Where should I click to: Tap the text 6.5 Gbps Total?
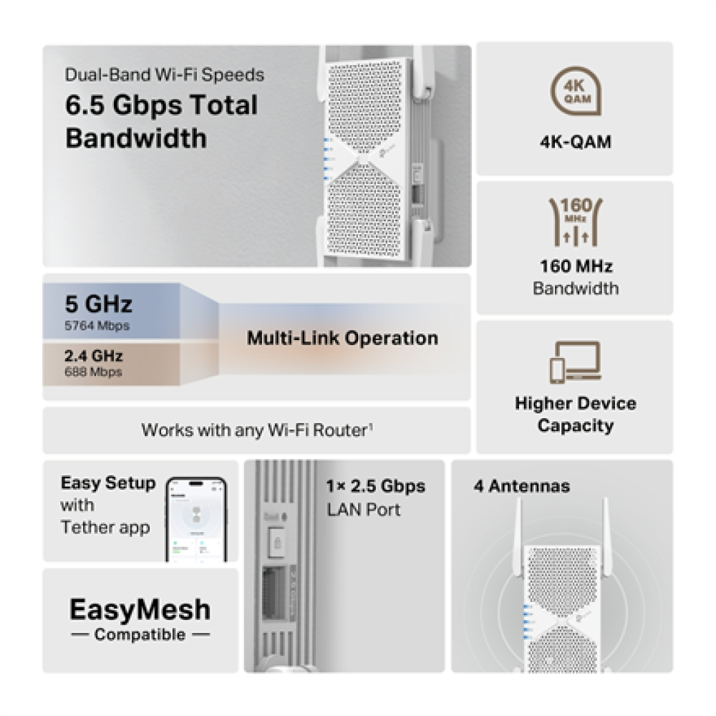pyautogui.click(x=161, y=105)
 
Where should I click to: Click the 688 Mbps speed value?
pyautogui.click(x=93, y=372)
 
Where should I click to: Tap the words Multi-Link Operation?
pyautogui.click(x=342, y=338)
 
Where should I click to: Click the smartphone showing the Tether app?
pyautogui.click(x=196, y=519)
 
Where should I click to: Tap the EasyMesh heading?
pyautogui.click(x=140, y=610)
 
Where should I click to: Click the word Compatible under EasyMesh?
pyautogui.click(x=140, y=634)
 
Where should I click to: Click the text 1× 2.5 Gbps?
pyautogui.click(x=375, y=487)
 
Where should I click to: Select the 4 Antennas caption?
pyautogui.click(x=521, y=487)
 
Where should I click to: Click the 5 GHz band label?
pyautogui.click(x=99, y=304)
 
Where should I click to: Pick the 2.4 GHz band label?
pyautogui.click(x=94, y=356)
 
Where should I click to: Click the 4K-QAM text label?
pyautogui.click(x=575, y=142)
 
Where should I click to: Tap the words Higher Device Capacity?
pyautogui.click(x=575, y=415)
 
